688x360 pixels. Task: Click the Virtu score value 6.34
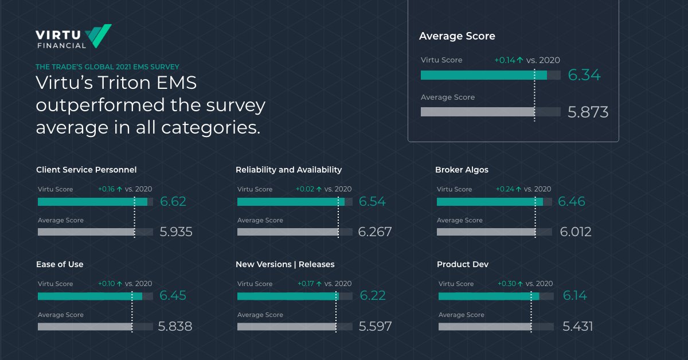point(584,75)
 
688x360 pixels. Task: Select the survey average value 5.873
point(588,112)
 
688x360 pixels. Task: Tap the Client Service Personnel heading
point(86,170)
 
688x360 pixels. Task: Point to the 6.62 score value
point(173,202)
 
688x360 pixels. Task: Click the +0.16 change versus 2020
point(107,189)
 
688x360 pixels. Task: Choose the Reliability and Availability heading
point(288,170)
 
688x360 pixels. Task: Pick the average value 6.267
point(375,232)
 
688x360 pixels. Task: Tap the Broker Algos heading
point(462,170)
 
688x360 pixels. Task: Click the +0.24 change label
point(506,189)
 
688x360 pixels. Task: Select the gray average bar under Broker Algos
point(486,232)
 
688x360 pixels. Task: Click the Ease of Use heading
point(60,264)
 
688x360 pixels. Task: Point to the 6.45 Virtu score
point(173,296)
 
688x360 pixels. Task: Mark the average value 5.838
point(175,327)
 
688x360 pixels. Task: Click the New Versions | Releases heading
point(285,264)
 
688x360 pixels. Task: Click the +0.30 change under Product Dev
point(507,284)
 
